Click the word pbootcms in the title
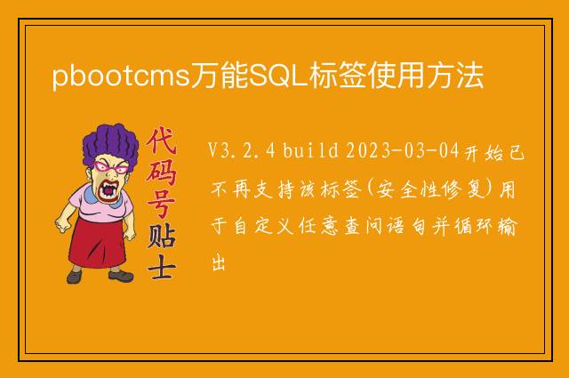point(121,76)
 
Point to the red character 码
point(161,172)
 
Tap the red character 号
point(161,204)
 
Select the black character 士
point(162,266)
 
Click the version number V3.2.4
point(241,150)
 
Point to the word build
point(311,150)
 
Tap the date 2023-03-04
point(403,150)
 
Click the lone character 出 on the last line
point(219,262)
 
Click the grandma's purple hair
point(110,142)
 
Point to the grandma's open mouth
point(109,189)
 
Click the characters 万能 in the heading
point(220,76)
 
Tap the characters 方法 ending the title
point(455,76)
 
